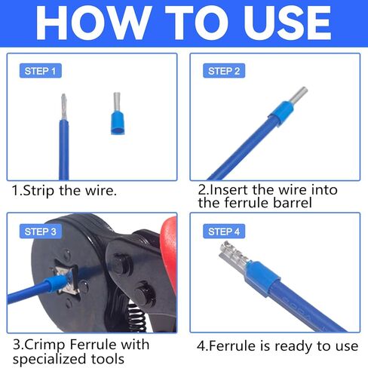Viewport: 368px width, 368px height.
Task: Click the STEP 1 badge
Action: pos(38,71)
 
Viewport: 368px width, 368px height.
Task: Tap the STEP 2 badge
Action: pos(223,71)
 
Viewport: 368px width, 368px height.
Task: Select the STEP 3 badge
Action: pos(40,231)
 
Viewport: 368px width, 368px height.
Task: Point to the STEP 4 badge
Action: pos(223,231)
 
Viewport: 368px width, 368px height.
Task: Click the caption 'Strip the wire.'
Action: pos(69,190)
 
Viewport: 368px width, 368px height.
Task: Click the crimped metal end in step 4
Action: pos(231,256)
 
